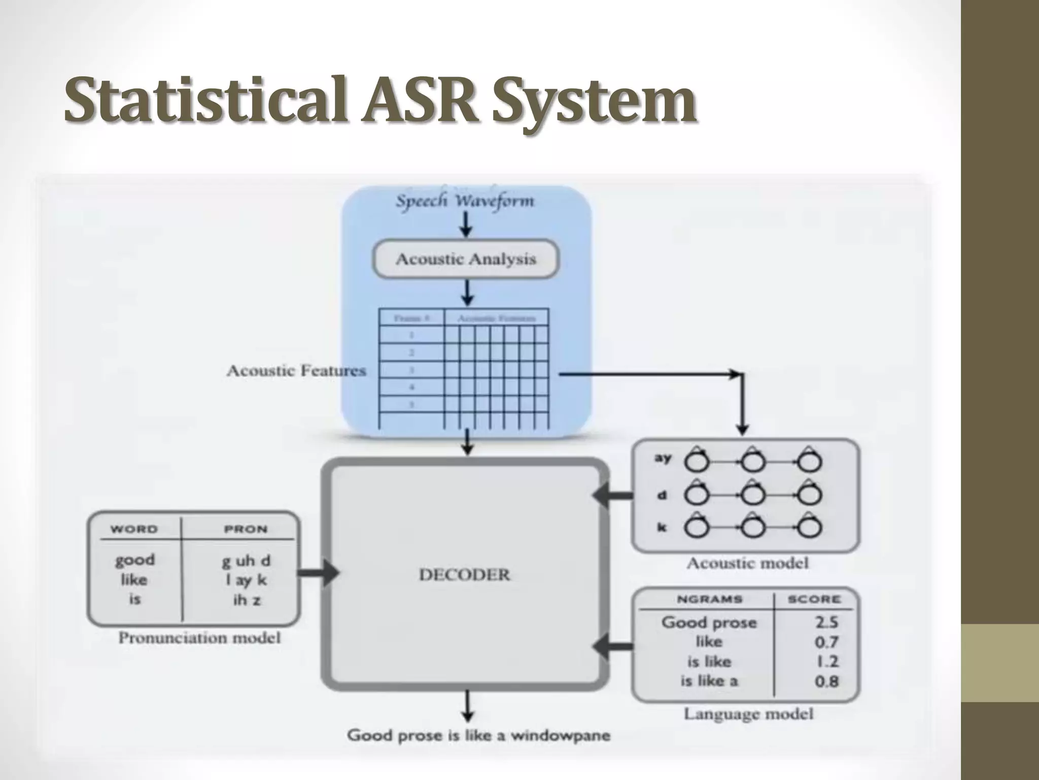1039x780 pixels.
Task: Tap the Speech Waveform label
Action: tap(465, 201)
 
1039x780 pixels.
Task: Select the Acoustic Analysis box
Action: tap(466, 259)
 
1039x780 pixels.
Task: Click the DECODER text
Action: tap(464, 575)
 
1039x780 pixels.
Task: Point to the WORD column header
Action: tap(134, 529)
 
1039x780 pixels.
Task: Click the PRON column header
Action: tap(246, 529)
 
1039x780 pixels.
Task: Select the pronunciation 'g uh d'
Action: tap(246, 561)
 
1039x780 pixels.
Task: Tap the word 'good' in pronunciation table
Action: tap(134, 560)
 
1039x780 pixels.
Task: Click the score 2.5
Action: tap(826, 622)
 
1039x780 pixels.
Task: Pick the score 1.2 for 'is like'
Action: tap(826, 662)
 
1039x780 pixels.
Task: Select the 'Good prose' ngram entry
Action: tap(709, 623)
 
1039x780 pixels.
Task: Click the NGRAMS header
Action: tap(709, 599)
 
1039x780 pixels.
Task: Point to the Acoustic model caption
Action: tap(747, 563)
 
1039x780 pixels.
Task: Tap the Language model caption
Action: tap(748, 714)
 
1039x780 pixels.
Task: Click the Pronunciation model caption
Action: tap(199, 638)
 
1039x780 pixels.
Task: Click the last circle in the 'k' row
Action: tap(810, 528)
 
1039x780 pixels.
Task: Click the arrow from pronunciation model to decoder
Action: tap(318, 573)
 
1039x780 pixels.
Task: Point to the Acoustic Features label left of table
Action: tap(296, 371)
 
